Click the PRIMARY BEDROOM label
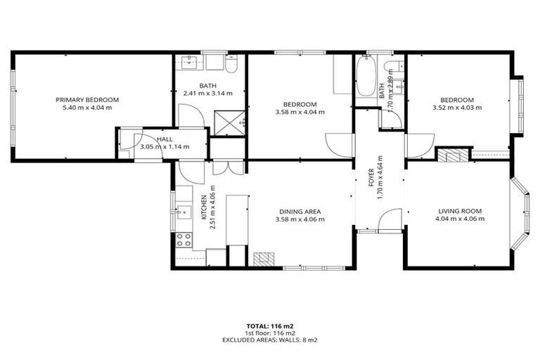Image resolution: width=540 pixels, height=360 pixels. (87, 100)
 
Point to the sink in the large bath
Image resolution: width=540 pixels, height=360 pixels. (187, 62)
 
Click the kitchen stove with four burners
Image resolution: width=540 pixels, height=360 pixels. (184, 238)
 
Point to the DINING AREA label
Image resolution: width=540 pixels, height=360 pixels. (300, 211)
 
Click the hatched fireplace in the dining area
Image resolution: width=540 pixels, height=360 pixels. (262, 259)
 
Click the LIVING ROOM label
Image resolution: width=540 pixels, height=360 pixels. (460, 210)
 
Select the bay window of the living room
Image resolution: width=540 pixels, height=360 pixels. (522, 214)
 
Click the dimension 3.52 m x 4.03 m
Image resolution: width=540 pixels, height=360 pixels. (457, 108)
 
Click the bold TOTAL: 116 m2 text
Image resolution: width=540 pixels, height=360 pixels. (270, 326)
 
